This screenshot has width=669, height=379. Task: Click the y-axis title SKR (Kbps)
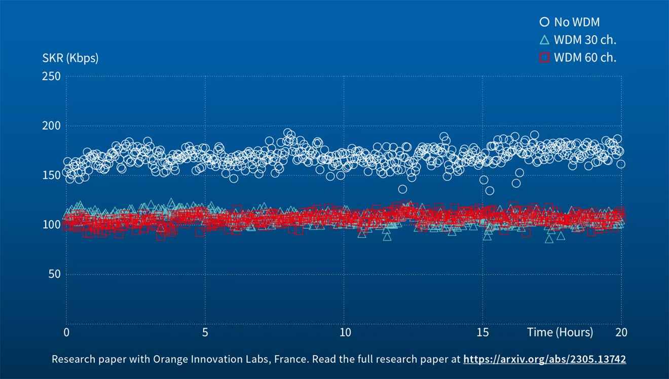click(70, 58)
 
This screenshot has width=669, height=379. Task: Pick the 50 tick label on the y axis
click(53, 274)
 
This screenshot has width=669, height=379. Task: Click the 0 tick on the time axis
click(66, 332)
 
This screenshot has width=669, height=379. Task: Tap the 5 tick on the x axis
click(205, 332)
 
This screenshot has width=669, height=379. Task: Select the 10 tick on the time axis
click(344, 332)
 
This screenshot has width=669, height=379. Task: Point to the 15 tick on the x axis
click(483, 332)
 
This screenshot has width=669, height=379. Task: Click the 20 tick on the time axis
click(621, 332)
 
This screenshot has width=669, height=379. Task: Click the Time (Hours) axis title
click(560, 332)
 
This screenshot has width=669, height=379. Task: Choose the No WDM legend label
click(577, 22)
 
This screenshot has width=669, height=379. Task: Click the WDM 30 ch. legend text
click(585, 40)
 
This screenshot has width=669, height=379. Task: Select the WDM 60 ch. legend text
click(585, 57)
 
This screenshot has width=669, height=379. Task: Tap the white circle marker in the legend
click(544, 22)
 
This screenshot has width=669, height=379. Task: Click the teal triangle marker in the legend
click(544, 40)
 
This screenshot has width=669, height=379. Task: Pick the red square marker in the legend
click(544, 57)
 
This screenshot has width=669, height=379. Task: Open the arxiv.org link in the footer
click(544, 359)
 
